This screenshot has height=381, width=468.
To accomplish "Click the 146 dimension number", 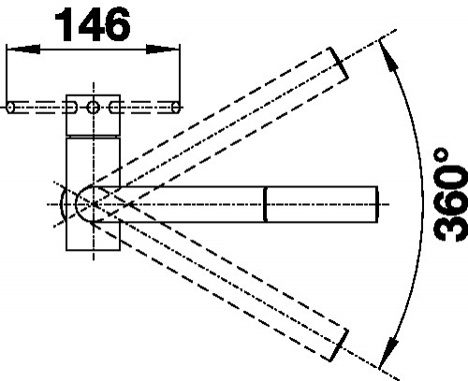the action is click(93, 24).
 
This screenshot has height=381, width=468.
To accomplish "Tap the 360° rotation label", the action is click(450, 195).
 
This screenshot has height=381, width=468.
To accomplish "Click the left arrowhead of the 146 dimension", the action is click(23, 49).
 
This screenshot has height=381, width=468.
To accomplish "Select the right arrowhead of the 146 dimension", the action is click(163, 49).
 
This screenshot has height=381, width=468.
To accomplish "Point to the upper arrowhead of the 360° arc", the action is click(389, 57).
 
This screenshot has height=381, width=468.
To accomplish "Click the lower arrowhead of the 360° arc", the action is click(388, 352).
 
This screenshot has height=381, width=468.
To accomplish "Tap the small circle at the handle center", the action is click(94, 108).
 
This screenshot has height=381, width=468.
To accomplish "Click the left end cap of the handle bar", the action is click(10, 108).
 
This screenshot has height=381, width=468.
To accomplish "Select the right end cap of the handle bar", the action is click(176, 108).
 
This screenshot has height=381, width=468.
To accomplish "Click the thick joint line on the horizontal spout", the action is click(266, 204).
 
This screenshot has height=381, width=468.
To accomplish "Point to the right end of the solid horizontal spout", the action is click(377, 204).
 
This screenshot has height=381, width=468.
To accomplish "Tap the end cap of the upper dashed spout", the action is click(339, 64).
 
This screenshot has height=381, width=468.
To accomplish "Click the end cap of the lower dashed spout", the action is click(340, 345).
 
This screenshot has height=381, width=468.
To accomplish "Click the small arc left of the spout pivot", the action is click(62, 204).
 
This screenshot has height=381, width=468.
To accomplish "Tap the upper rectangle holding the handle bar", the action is click(94, 115).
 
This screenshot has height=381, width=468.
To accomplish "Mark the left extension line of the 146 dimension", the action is click(7, 77).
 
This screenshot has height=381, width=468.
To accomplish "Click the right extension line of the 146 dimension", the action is click(180, 77).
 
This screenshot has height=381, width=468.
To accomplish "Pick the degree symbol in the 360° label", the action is click(441, 155).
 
